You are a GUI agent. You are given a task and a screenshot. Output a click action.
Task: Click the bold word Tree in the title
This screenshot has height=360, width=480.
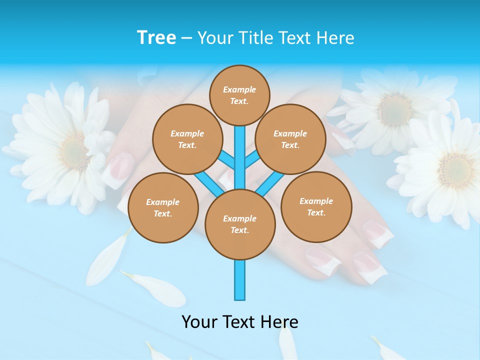[x=156, y=38]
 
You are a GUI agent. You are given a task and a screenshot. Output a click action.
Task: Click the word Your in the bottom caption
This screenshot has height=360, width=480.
[x=200, y=322]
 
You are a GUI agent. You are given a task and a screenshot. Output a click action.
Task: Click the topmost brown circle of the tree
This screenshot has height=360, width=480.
[x=239, y=95]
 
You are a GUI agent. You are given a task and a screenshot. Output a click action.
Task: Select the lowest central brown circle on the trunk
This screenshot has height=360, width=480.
[x=240, y=224]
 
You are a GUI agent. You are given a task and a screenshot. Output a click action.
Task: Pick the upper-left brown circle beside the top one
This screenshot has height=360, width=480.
[x=187, y=139]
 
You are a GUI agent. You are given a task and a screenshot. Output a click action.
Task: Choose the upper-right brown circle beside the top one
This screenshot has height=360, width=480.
[x=290, y=139]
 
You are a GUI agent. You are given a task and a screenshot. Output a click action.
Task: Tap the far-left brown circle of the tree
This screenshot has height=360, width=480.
[x=163, y=208]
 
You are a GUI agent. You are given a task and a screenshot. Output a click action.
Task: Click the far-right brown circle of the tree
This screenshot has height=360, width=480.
[x=316, y=207]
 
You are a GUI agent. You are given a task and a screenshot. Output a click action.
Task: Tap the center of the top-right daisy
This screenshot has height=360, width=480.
[x=395, y=109]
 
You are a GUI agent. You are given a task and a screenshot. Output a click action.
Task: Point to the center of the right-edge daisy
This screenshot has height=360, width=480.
[x=455, y=170]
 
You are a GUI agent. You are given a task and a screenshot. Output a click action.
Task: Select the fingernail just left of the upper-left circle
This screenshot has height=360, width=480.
[x=120, y=167]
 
